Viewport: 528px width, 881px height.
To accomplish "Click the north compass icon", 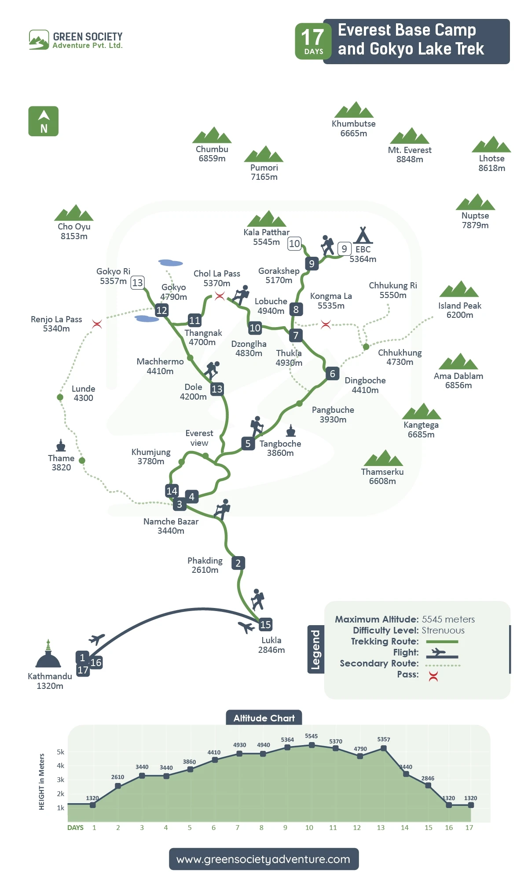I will point(44,121).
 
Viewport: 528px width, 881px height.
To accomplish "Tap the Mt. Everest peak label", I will point(410,154).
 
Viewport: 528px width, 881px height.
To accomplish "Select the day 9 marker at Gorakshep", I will point(312,263).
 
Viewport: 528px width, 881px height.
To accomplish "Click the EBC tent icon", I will point(363,235).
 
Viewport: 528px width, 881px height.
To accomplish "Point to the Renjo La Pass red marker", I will point(97,324).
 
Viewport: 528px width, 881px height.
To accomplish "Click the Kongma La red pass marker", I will point(326,324).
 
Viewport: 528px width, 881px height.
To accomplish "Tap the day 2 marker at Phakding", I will point(238,563).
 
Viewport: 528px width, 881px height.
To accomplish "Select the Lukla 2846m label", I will point(271,645).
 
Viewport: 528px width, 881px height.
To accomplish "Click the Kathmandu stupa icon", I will point(48,655).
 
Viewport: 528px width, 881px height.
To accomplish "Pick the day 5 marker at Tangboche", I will point(248,444).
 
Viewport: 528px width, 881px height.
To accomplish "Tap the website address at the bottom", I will point(264,859).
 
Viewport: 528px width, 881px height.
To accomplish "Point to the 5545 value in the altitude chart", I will point(311,736).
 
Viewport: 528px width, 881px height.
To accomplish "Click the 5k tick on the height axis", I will point(61,752).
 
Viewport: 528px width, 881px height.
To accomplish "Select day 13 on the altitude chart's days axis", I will point(381,827).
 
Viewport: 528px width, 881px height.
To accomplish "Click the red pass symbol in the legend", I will point(433,676).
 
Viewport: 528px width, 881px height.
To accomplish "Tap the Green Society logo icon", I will point(39,40).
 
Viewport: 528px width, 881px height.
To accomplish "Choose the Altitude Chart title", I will point(264,718).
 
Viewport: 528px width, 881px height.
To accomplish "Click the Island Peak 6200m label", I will point(460,310).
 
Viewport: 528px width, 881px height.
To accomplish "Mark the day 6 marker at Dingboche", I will point(332,373).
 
